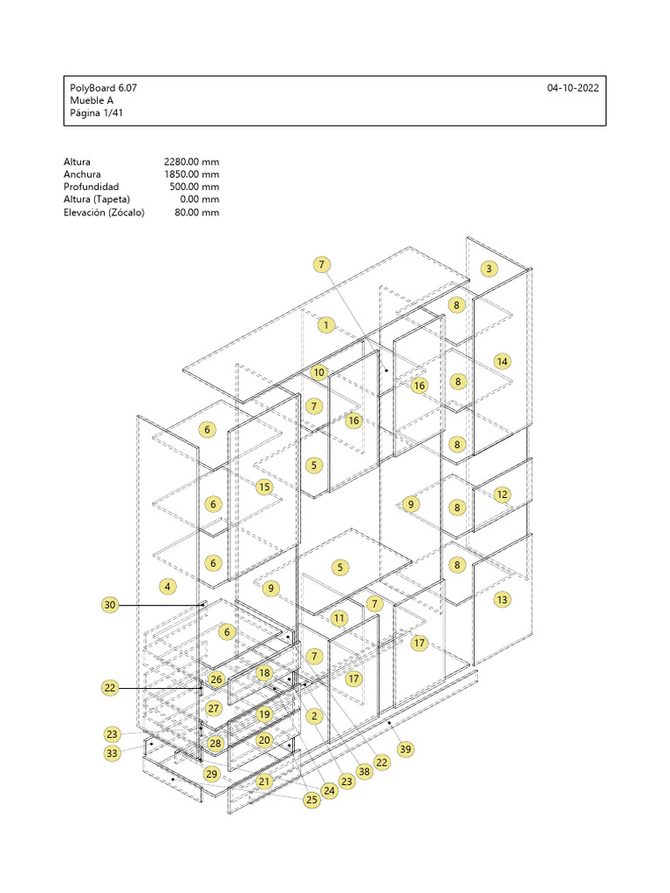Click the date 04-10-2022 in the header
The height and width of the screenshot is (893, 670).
tap(572, 88)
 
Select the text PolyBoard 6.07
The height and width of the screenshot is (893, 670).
tap(103, 88)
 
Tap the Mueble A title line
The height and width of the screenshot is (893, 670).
tap(92, 100)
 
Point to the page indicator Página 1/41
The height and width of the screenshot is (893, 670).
tap(96, 112)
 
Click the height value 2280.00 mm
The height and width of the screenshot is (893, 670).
tap(191, 162)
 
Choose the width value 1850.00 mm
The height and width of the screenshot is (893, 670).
tap(191, 174)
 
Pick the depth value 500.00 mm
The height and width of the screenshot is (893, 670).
tap(194, 187)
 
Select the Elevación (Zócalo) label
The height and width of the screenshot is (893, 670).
tap(104, 212)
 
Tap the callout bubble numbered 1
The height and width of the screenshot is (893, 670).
tap(326, 325)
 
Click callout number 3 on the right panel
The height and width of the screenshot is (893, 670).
tap(490, 269)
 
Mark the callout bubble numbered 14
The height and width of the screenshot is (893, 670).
tap(502, 361)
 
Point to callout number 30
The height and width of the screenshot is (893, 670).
tap(110, 604)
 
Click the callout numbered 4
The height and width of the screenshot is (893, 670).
tap(167, 587)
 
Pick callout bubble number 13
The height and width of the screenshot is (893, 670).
tap(502, 600)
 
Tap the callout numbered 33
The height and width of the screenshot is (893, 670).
tap(112, 753)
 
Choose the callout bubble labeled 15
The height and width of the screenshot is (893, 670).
tap(264, 487)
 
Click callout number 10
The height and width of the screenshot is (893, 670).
tap(318, 372)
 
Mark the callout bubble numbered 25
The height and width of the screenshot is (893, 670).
tap(311, 799)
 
